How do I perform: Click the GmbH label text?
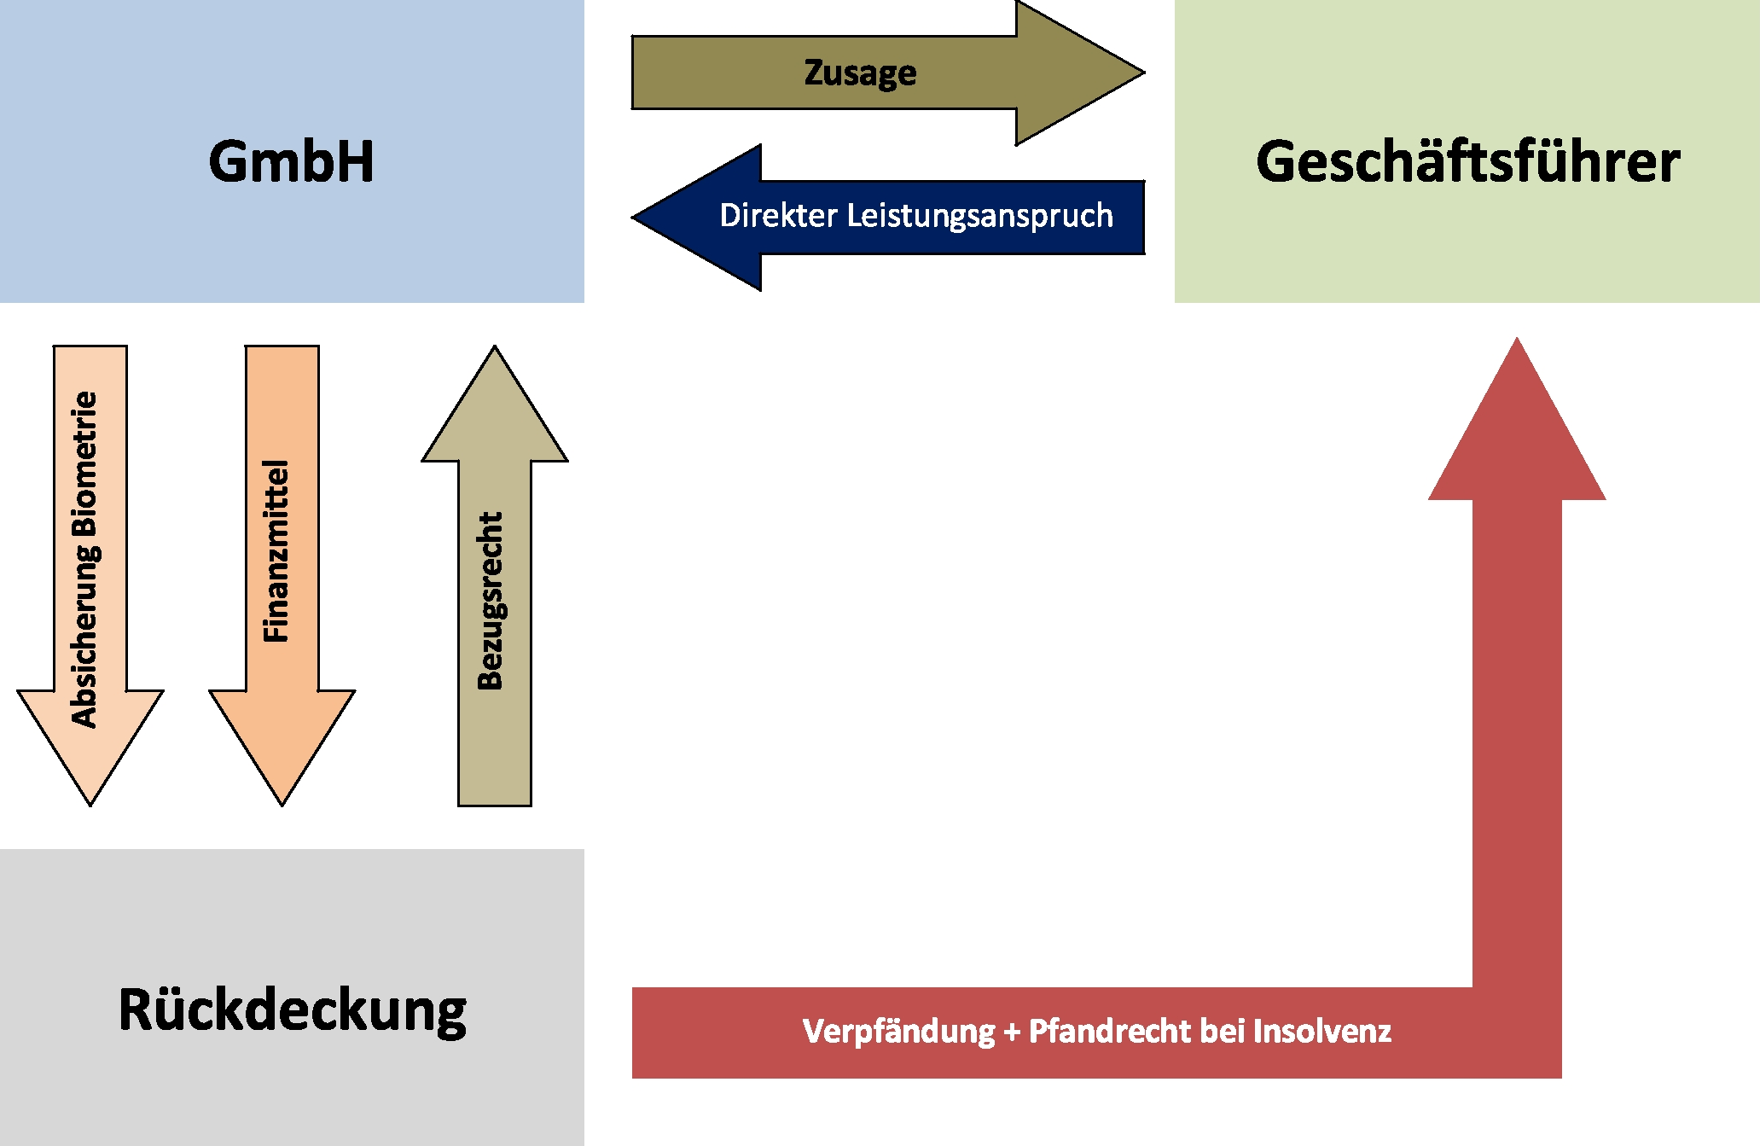click(x=292, y=161)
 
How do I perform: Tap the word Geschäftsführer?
click(x=1467, y=161)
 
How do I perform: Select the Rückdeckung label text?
click(x=292, y=1009)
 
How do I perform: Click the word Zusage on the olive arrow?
click(x=860, y=73)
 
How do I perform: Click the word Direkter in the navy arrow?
click(x=777, y=216)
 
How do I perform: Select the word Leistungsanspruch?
click(x=979, y=216)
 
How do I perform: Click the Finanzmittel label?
click(x=276, y=551)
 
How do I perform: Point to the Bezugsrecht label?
click(x=491, y=601)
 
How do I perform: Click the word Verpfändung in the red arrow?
click(x=898, y=1032)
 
